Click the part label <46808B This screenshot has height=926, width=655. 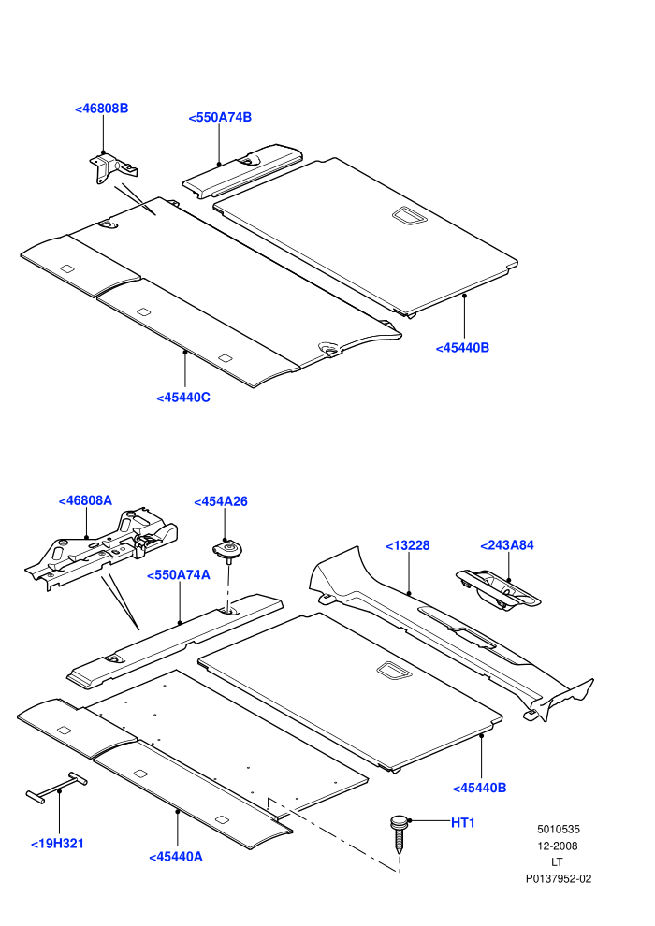(102, 109)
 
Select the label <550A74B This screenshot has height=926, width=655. (220, 118)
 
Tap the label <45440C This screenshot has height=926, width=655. (183, 398)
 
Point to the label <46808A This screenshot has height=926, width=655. (85, 500)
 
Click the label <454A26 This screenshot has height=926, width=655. (221, 501)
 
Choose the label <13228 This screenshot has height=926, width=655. (408, 545)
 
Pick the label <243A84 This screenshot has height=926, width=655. (507, 545)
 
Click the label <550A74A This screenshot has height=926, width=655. (179, 575)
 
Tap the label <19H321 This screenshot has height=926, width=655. (57, 844)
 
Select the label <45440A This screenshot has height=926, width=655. (176, 857)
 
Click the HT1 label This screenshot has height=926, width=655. (462, 823)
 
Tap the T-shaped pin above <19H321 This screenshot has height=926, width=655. (57, 788)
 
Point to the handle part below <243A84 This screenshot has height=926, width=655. (498, 590)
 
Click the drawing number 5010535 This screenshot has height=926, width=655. (558, 829)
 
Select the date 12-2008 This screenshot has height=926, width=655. (558, 846)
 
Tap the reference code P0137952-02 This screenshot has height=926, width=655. (558, 878)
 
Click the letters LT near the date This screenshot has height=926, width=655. (557, 862)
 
